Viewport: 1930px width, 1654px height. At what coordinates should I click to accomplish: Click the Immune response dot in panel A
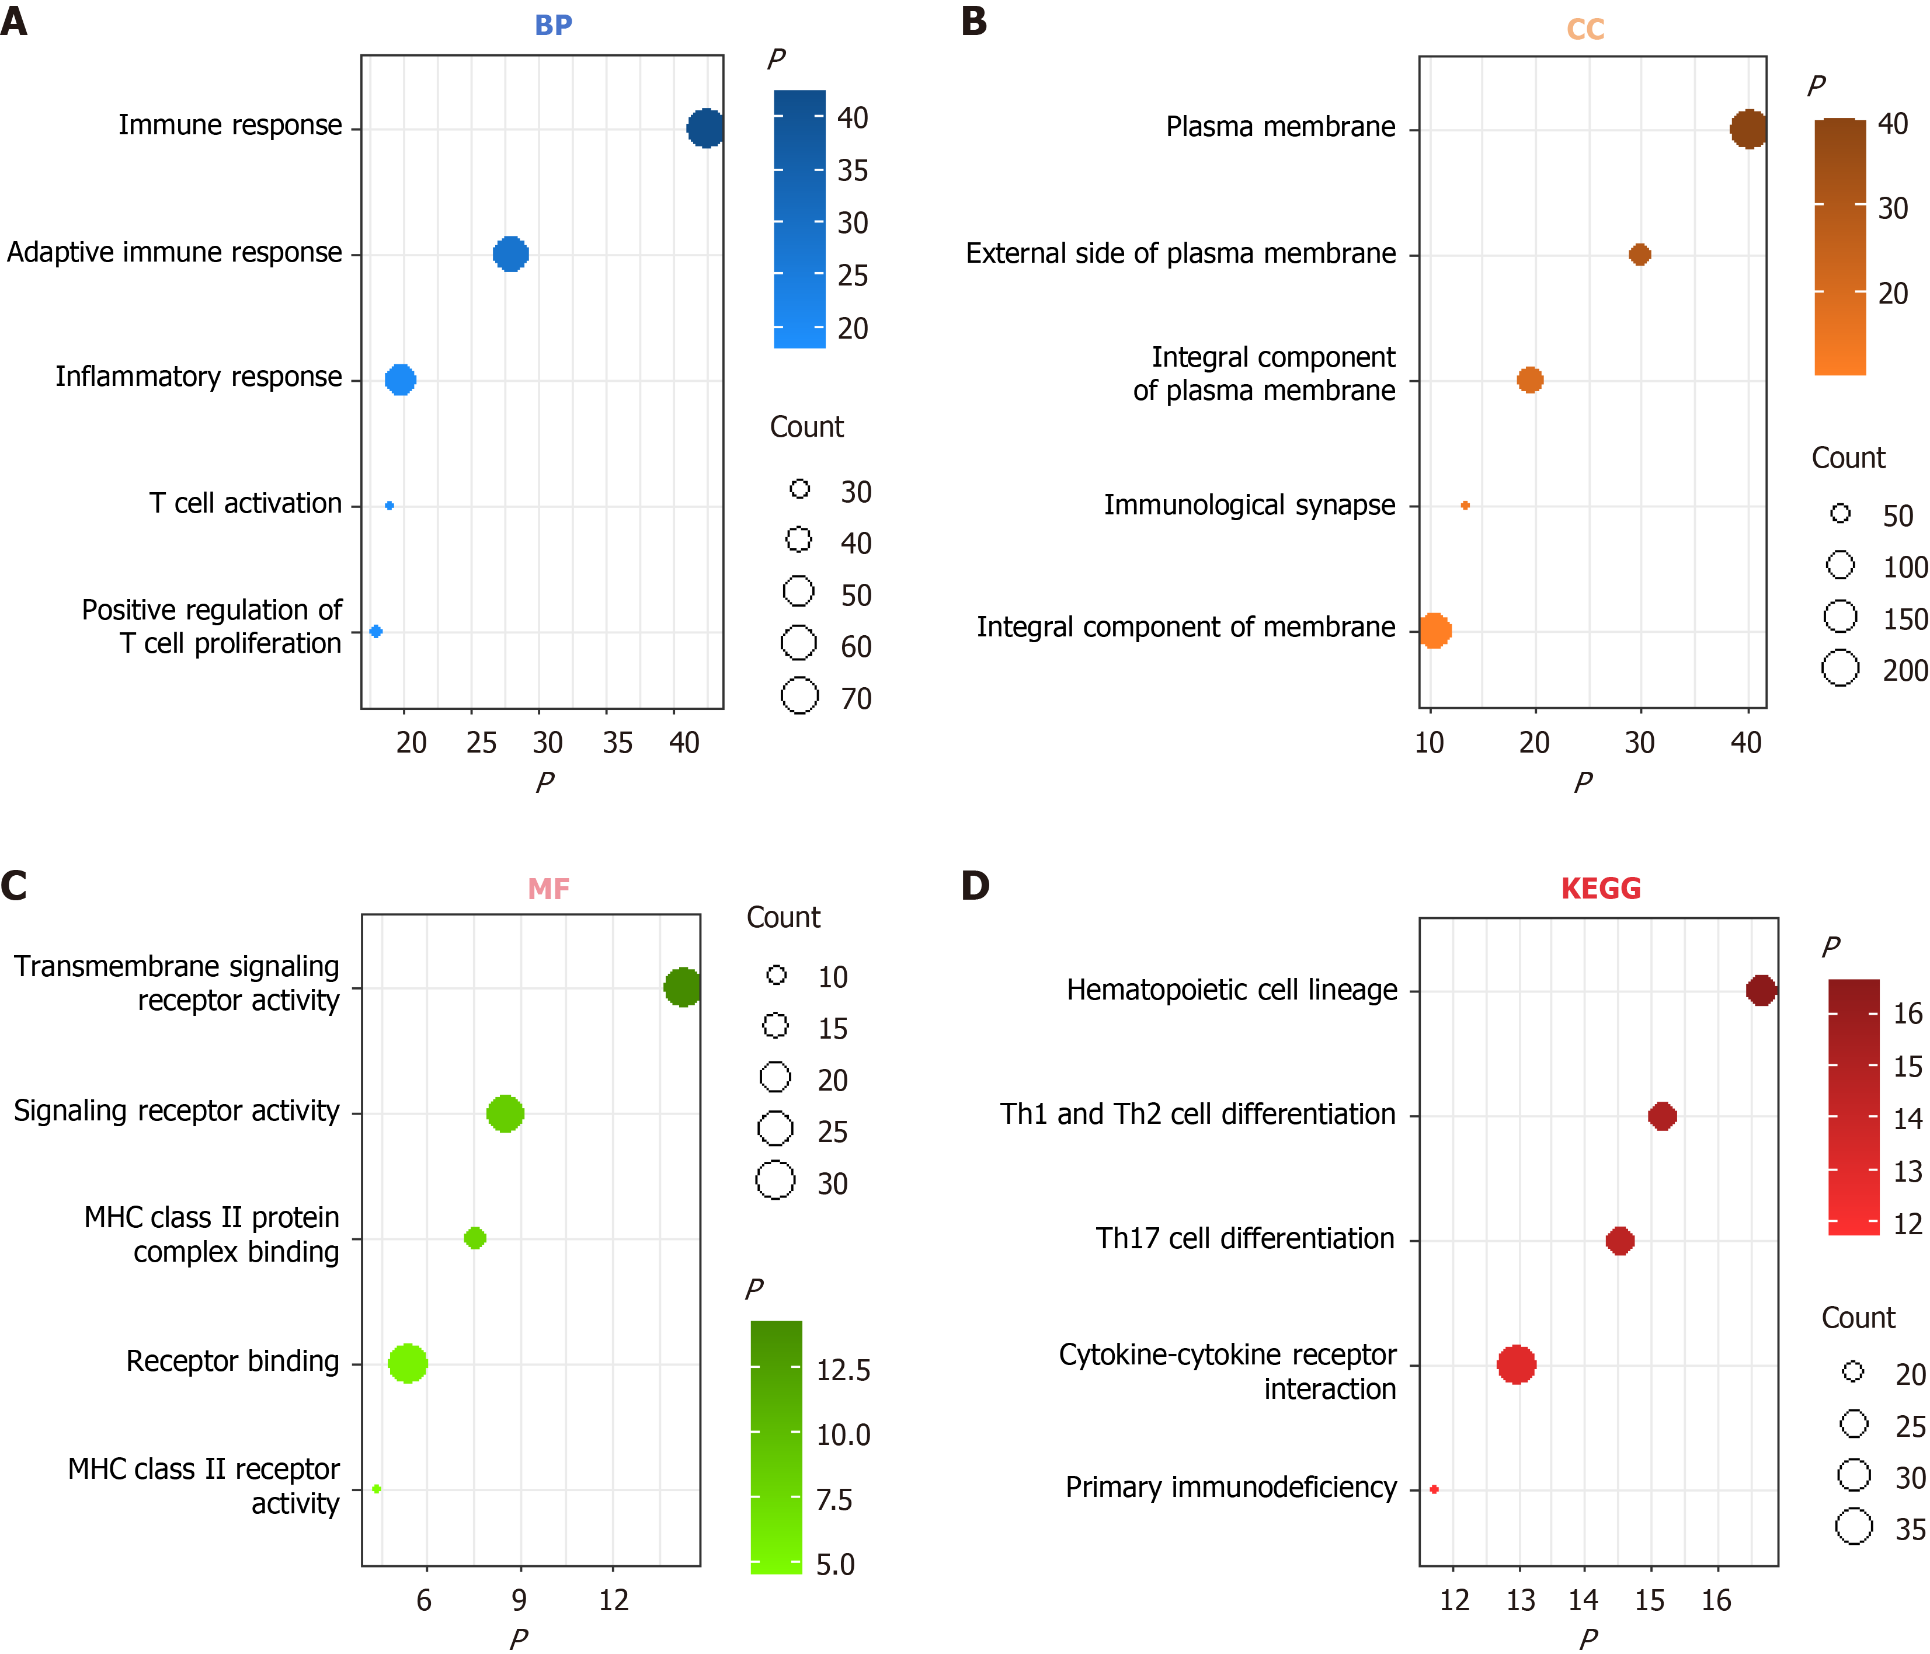(705, 128)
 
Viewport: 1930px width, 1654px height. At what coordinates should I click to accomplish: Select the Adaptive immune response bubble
(510, 253)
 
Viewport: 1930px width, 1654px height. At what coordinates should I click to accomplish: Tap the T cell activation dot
(390, 506)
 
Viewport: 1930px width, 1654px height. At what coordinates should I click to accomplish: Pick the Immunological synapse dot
(1465, 506)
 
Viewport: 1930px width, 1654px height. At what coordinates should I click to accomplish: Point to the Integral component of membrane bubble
(1434, 631)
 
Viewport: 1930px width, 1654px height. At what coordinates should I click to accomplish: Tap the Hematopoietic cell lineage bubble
(1761, 990)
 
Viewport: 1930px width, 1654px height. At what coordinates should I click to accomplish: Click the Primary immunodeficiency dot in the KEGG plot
(1434, 1489)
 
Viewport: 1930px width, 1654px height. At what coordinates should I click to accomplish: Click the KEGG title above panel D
(1600, 889)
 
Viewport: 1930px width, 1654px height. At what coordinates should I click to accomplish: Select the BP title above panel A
(553, 25)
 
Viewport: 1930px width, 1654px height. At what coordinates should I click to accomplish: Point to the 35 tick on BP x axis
(617, 742)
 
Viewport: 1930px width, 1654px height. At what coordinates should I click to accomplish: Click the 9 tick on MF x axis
(519, 1600)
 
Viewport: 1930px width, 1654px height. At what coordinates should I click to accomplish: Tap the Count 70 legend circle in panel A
(799, 696)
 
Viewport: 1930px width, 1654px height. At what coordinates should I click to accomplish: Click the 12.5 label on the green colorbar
(843, 1370)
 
